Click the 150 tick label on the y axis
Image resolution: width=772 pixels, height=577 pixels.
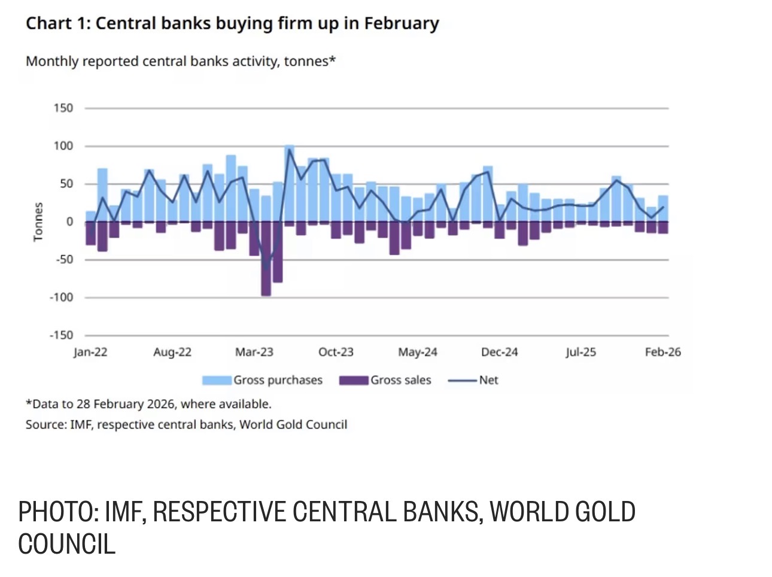click(x=63, y=108)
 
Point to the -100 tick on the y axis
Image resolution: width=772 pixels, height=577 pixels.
click(x=61, y=297)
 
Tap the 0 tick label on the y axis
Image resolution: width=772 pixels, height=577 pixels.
click(x=69, y=221)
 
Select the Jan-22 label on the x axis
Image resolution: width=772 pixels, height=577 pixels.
click(x=90, y=352)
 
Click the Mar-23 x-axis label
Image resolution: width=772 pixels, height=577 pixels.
click(x=254, y=352)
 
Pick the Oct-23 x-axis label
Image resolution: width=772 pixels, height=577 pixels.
click(x=336, y=352)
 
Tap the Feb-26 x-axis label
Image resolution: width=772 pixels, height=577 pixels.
click(x=662, y=352)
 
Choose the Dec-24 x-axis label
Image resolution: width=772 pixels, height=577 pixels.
click(x=499, y=352)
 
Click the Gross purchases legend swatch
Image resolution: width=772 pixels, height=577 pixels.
click(x=217, y=381)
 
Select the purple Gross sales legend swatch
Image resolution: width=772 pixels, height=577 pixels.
click(x=354, y=381)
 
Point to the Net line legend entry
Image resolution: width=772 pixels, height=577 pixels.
click(x=473, y=381)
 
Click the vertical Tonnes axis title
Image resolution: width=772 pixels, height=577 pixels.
click(x=38, y=222)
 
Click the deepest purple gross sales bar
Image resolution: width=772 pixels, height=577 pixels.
click(x=266, y=259)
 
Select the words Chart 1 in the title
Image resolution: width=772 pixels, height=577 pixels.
click(x=55, y=23)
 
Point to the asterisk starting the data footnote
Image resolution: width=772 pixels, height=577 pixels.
click(x=28, y=402)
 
